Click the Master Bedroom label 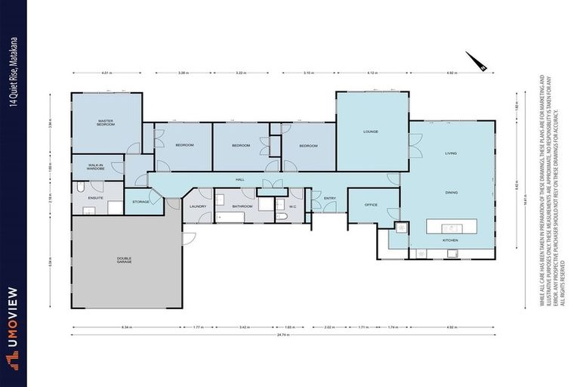tap(106, 122)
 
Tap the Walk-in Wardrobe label tap(95, 166)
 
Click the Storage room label tap(140, 202)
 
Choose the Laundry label tap(198, 206)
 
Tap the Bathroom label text tap(242, 206)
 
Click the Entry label tap(329, 199)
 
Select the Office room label tap(371, 205)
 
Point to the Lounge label tap(370, 132)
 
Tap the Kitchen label tap(450, 240)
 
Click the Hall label tap(239, 180)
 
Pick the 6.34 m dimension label tap(127, 327)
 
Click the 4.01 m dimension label tap(106, 73)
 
